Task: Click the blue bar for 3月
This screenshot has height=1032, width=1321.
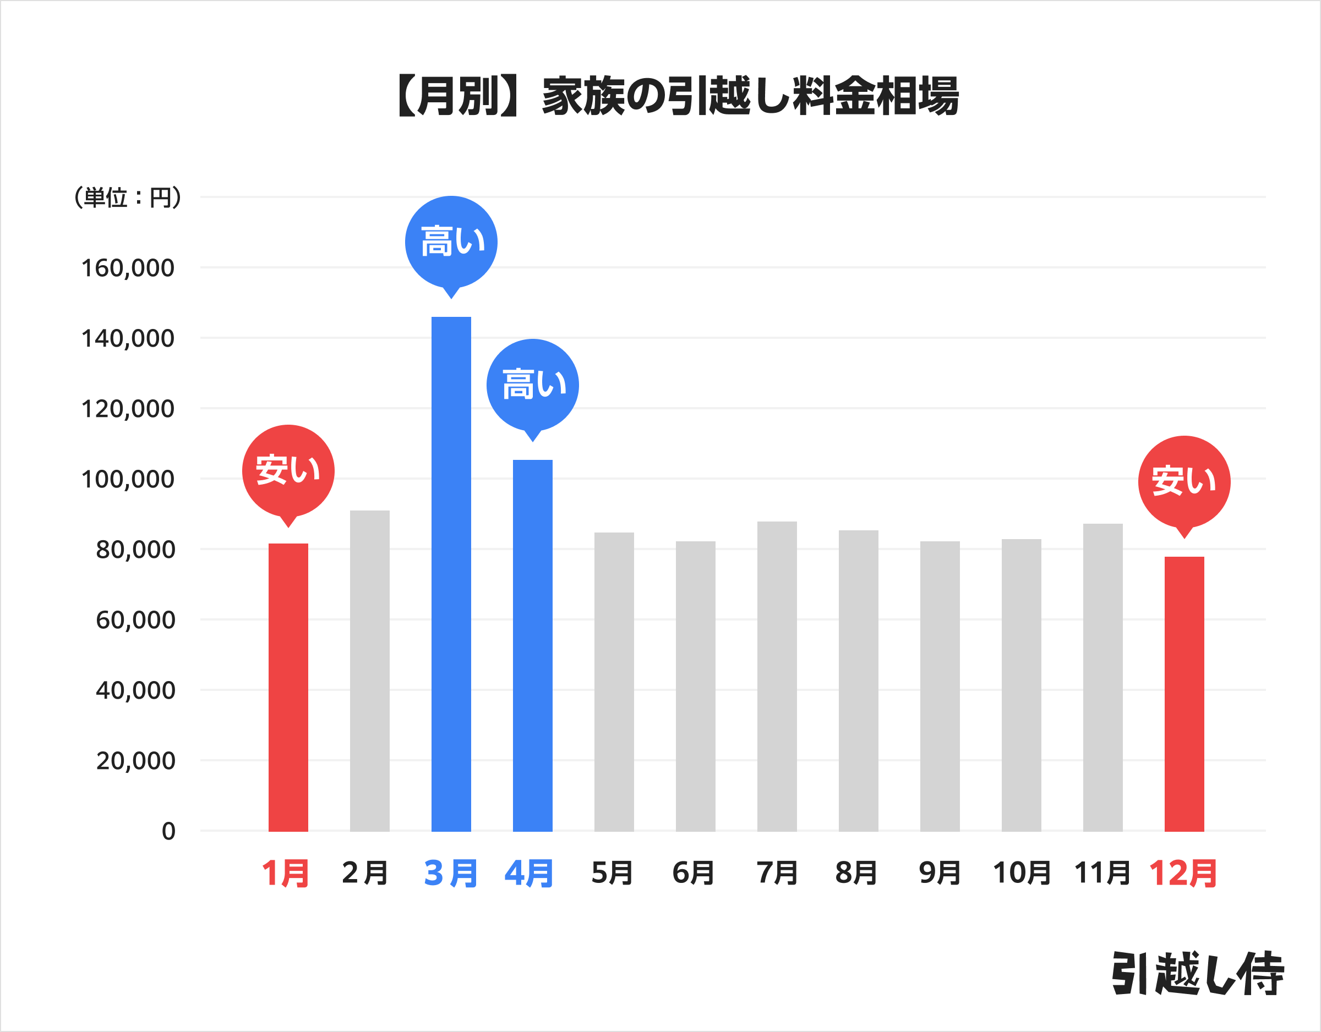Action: [x=451, y=574]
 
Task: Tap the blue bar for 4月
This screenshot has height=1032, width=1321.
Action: [x=532, y=645]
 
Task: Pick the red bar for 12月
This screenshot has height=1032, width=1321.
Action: [x=1184, y=694]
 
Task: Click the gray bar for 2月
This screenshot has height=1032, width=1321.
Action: [x=369, y=671]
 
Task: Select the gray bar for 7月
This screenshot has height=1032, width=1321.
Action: [x=777, y=676]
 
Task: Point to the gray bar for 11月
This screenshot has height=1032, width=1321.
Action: [x=1102, y=677]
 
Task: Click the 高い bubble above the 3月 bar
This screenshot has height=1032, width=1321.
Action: [x=451, y=242]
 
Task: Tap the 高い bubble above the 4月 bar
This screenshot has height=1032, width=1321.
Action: [x=532, y=385]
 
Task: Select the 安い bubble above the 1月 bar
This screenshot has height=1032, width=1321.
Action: [x=288, y=470]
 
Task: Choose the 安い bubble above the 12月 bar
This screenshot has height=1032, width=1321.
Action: [x=1184, y=481]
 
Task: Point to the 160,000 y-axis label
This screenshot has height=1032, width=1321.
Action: [x=128, y=268]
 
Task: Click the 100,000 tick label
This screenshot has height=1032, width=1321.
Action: [x=128, y=479]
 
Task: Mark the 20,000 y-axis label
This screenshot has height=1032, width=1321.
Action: [x=135, y=761]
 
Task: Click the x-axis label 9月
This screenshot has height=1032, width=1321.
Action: [x=940, y=873]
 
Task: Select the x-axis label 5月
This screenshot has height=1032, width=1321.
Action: [x=612, y=873]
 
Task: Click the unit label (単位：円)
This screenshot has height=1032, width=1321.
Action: [x=128, y=197]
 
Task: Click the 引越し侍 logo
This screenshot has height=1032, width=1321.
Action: [x=1197, y=973]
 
